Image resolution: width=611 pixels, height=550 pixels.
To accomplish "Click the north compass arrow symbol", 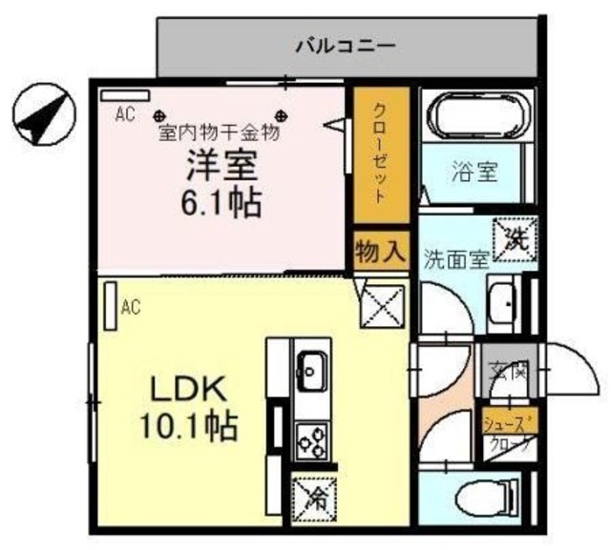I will tap(44, 116).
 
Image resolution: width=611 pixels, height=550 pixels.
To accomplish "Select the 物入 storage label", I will tap(380, 252).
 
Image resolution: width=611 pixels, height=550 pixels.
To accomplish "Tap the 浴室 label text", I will tap(474, 173).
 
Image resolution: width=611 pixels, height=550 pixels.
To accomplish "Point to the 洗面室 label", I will tap(456, 258).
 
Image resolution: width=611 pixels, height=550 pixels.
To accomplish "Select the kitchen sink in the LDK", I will tap(311, 366).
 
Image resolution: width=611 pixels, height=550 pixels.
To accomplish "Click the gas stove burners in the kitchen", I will tap(311, 440).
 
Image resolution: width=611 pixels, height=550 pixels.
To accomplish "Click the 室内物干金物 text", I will tap(220, 133).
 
